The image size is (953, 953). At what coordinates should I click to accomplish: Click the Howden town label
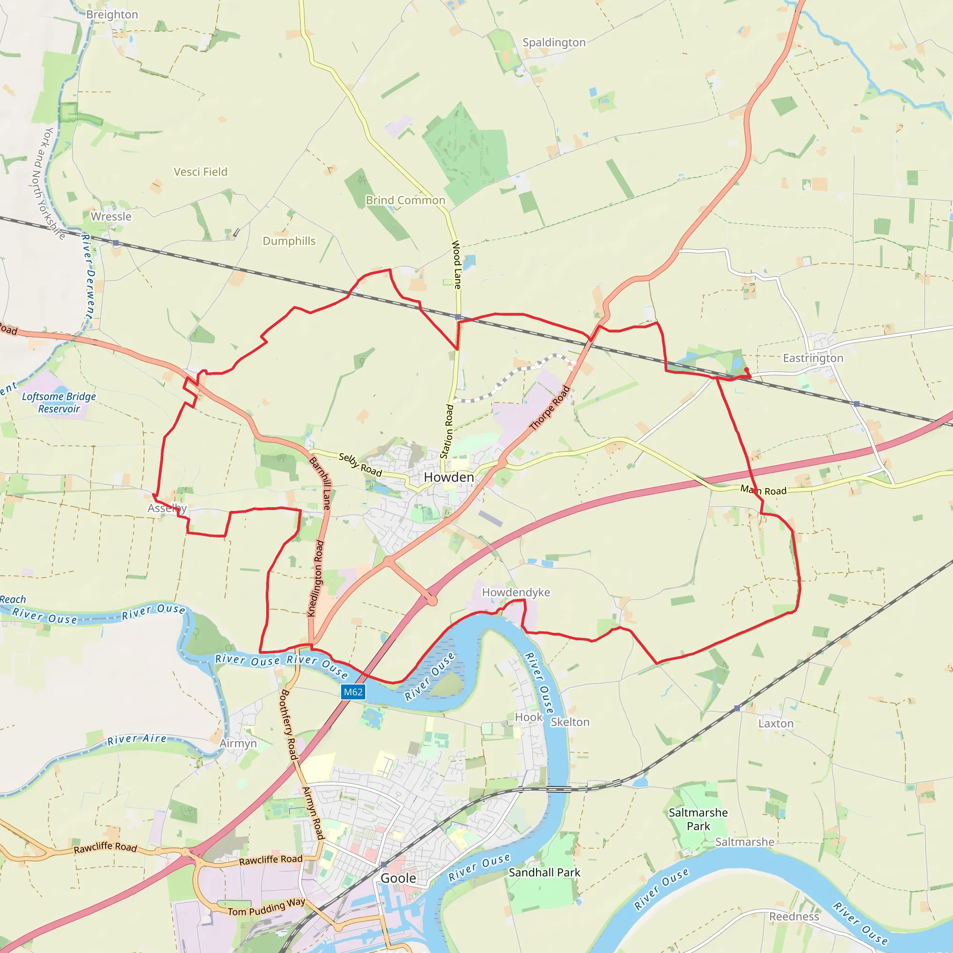pos(449,477)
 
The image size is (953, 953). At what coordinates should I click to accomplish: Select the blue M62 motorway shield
pos(353,691)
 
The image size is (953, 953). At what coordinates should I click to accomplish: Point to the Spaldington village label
pos(554,42)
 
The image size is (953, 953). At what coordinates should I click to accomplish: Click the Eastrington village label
pos(813,358)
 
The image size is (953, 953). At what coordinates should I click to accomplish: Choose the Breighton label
pos(112,14)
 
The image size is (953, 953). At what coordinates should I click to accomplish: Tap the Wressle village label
pos(111,216)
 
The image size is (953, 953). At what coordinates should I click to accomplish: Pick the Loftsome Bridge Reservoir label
pos(59,403)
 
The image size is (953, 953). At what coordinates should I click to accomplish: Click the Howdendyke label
pos(516,592)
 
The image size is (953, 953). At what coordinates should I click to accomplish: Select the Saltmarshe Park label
pos(698,819)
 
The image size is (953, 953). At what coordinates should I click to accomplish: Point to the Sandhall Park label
pos(544,872)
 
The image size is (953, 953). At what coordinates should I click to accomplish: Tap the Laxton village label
pos(775,724)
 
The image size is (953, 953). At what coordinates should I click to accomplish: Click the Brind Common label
pos(405,200)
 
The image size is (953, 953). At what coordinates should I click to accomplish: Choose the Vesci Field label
pos(200,172)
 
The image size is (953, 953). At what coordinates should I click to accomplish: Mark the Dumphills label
pos(289,241)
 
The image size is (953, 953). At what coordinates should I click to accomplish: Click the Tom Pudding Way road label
pos(266,907)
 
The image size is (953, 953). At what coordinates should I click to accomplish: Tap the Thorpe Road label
pos(550,409)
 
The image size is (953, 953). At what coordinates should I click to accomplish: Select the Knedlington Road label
pos(315,578)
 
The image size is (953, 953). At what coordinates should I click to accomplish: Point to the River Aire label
pos(137,739)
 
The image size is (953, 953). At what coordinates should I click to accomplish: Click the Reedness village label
pos(794,917)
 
